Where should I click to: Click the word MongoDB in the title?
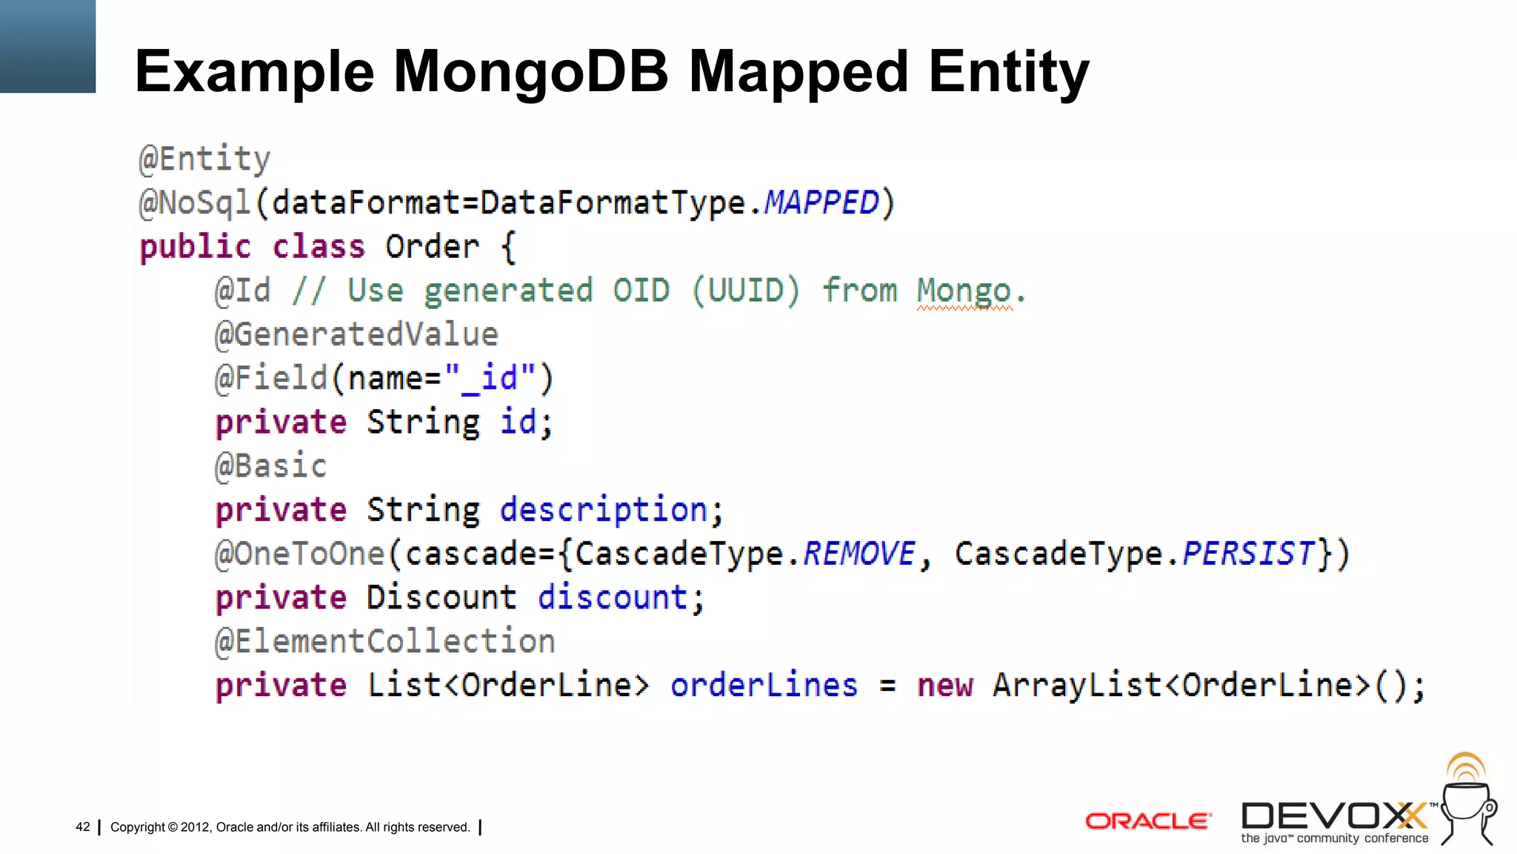coord(530,72)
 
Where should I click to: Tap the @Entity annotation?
coord(205,159)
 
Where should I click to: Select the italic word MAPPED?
coord(821,202)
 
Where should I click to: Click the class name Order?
coord(432,247)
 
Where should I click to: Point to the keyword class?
coord(319,247)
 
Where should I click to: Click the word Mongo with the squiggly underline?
coord(964,291)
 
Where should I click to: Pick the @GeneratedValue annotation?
coord(356,334)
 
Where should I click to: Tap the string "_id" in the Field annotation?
coord(490,378)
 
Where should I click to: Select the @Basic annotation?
coord(270,466)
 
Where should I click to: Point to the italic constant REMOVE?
coord(859,554)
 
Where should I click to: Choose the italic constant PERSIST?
coord(1248,554)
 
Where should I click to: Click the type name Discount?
coord(441,598)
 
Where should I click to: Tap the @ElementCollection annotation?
coord(385,641)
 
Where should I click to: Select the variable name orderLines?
coord(764,685)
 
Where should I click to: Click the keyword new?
coord(944,685)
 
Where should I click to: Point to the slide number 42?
coord(83,827)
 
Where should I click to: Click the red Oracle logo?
coord(1148,821)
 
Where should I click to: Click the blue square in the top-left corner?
coord(47,46)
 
